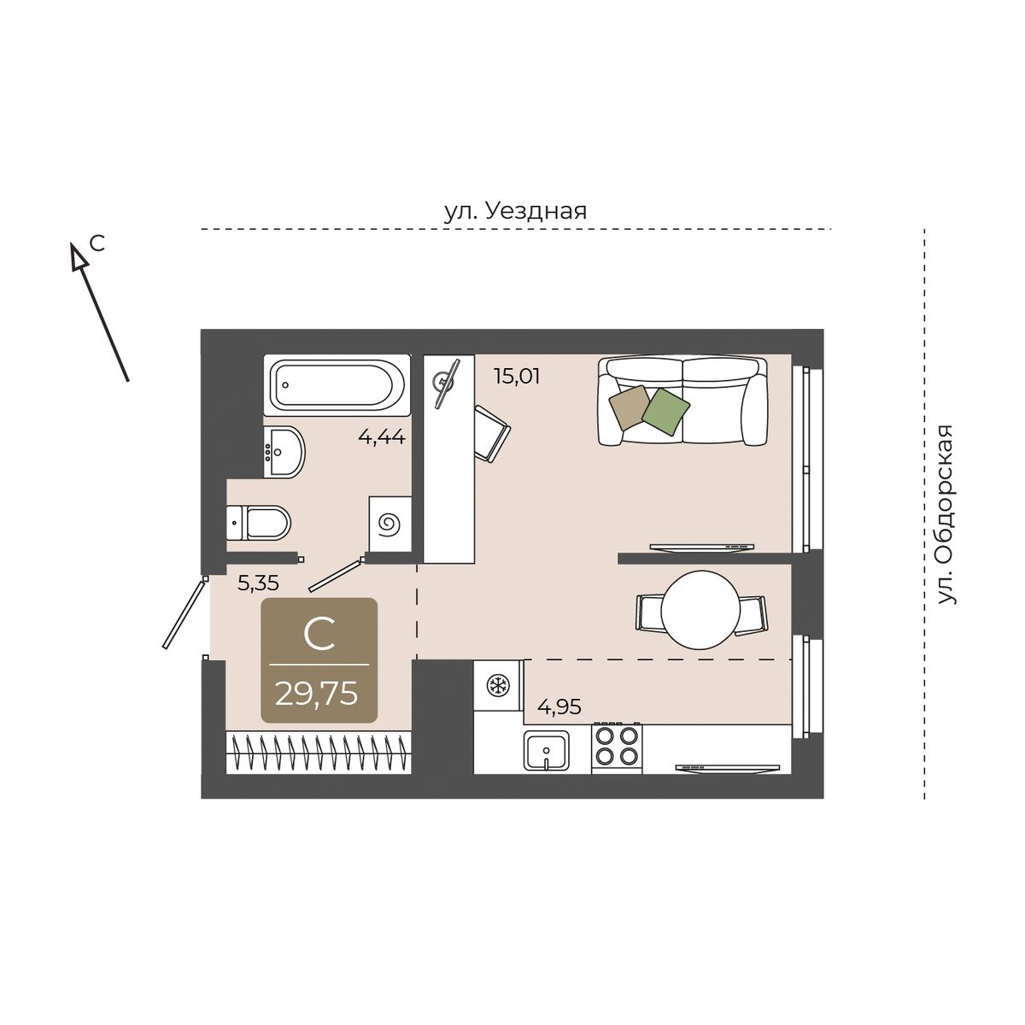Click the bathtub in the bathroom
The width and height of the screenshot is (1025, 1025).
coord(337,384)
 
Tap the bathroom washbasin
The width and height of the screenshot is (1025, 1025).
coord(284,452)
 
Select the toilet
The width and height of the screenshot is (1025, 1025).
coord(258,523)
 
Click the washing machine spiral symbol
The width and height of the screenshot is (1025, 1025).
coord(389,524)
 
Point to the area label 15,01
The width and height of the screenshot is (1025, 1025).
coord(517,377)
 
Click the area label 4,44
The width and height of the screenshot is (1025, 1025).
coord(382,437)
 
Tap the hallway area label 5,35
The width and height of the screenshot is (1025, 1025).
coord(258,583)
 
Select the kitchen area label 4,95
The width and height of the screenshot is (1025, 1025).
coord(559,707)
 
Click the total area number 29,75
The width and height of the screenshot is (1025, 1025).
coord(316,694)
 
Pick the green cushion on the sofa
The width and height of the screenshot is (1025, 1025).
coord(665,411)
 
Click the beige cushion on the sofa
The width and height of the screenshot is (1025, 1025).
coord(630,407)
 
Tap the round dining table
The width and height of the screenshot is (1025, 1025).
coord(700,610)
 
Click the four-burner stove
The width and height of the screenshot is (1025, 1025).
coord(617,748)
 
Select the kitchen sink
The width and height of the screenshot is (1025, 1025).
coord(547,750)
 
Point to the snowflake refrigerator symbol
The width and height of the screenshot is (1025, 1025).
coord(499,686)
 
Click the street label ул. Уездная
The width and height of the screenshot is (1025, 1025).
coord(515,212)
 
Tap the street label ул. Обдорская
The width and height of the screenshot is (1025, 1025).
coord(946,514)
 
